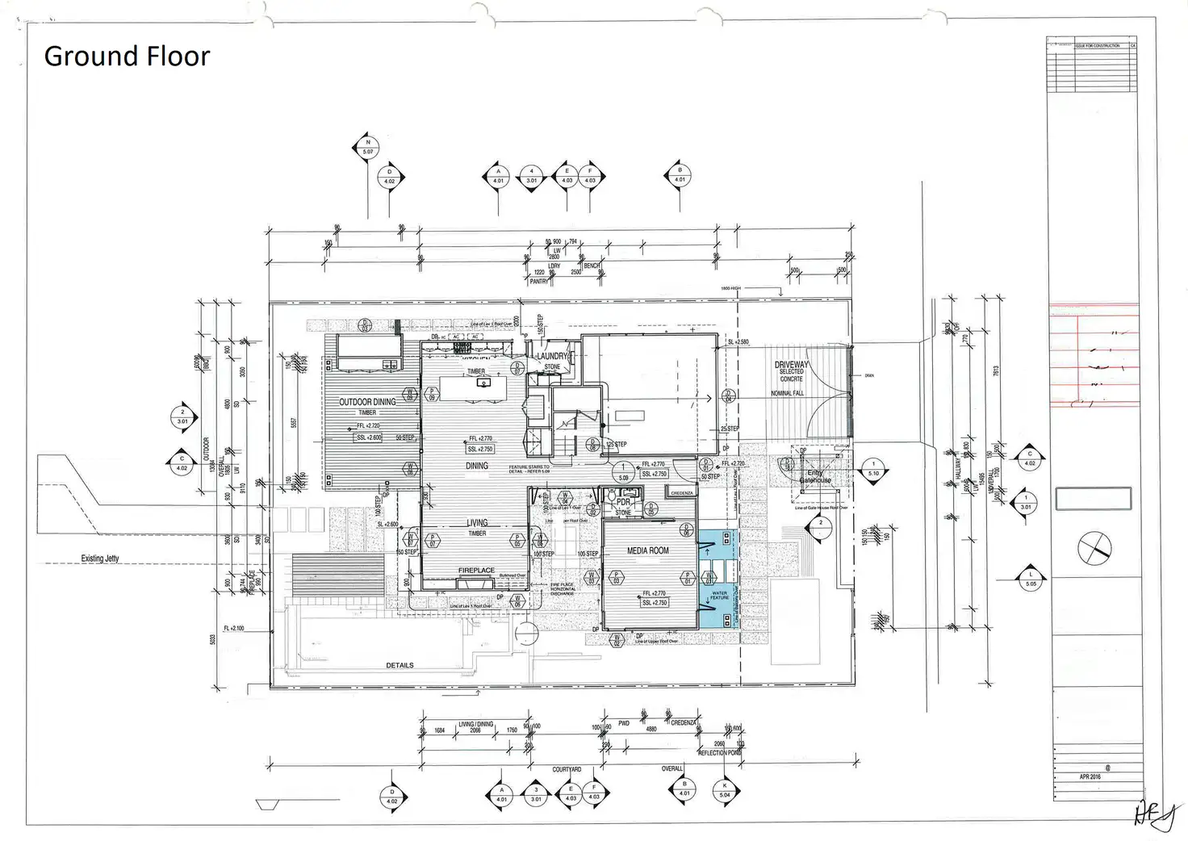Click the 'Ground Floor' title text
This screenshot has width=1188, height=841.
tap(127, 56)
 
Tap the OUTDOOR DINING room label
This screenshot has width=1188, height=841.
tap(367, 402)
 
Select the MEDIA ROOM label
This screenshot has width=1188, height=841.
tap(648, 550)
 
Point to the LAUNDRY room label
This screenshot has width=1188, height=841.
tap(553, 356)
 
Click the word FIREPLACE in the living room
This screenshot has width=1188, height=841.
tap(476, 571)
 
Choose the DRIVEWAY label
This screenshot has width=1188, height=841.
tap(791, 365)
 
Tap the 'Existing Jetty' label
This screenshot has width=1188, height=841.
tap(100, 559)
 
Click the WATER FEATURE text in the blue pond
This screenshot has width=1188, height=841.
tap(719, 596)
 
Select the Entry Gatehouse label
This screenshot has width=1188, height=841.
tap(815, 477)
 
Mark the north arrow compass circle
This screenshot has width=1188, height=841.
tap(1094, 549)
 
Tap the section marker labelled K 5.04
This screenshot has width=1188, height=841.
tap(725, 790)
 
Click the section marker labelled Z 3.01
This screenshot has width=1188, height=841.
tap(182, 417)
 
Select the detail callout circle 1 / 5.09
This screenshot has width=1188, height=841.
tap(623, 472)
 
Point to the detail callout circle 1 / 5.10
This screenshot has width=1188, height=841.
tap(873, 469)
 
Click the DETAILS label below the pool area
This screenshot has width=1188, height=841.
tap(399, 666)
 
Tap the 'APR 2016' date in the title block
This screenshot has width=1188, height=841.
tap(1090, 776)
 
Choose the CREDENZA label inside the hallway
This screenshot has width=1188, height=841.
tap(682, 493)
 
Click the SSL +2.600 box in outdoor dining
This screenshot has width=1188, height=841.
tap(369, 437)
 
